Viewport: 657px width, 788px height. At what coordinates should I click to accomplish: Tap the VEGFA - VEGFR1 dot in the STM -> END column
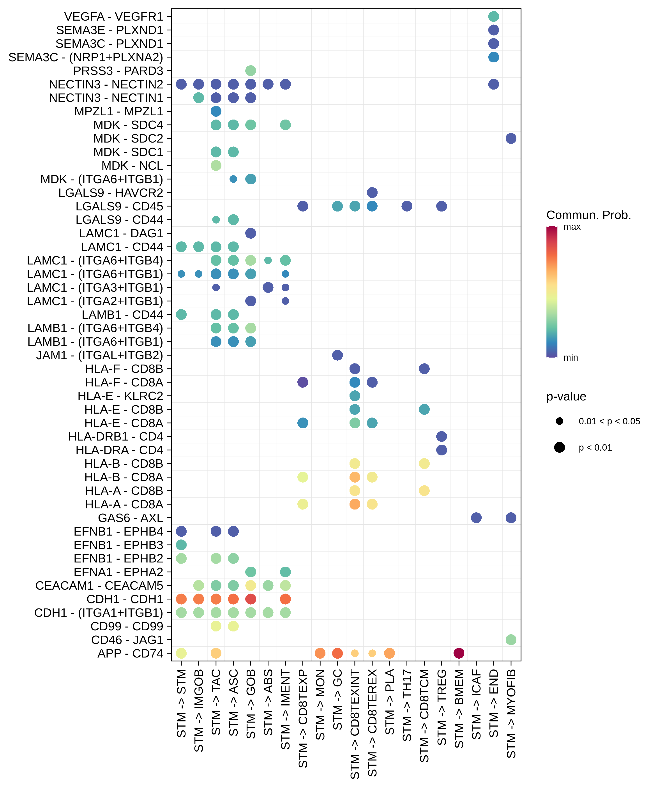point(493,16)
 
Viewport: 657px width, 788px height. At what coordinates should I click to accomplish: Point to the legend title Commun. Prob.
point(588,215)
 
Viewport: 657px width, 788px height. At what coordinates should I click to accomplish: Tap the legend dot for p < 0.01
point(559,447)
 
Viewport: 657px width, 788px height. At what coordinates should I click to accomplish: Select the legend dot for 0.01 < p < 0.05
point(559,421)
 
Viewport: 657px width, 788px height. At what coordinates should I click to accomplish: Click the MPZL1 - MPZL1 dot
point(216,111)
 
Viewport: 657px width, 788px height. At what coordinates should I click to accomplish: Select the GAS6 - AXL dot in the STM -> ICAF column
point(476,518)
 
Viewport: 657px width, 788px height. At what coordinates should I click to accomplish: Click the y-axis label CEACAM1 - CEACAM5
point(99,586)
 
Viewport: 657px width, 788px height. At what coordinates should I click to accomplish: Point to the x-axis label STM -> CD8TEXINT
point(355,725)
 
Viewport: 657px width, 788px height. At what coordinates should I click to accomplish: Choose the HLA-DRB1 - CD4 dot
point(442,436)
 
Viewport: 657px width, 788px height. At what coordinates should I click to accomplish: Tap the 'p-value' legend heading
point(566,397)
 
